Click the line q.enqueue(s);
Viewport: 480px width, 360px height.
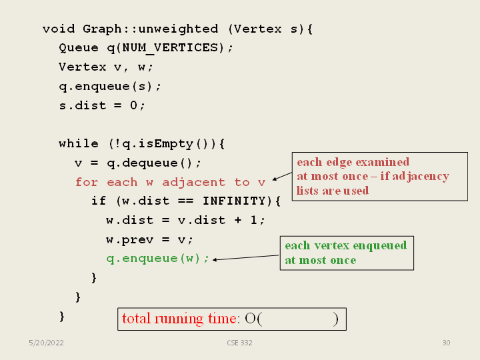tap(110, 87)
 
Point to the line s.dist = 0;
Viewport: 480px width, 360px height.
tap(101, 105)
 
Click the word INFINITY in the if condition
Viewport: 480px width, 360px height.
tap(231, 201)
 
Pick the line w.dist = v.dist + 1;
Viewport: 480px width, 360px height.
tap(185, 221)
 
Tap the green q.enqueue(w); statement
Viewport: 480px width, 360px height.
tap(157, 259)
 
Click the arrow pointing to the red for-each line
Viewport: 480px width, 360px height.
tap(282, 176)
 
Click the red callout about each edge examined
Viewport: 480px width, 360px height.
tap(379, 177)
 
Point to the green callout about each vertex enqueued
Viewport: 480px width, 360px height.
tap(347, 253)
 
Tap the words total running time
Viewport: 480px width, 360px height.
tap(179, 319)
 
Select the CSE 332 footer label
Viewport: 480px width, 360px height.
tap(239, 343)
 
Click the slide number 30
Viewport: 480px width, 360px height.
tap(446, 343)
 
